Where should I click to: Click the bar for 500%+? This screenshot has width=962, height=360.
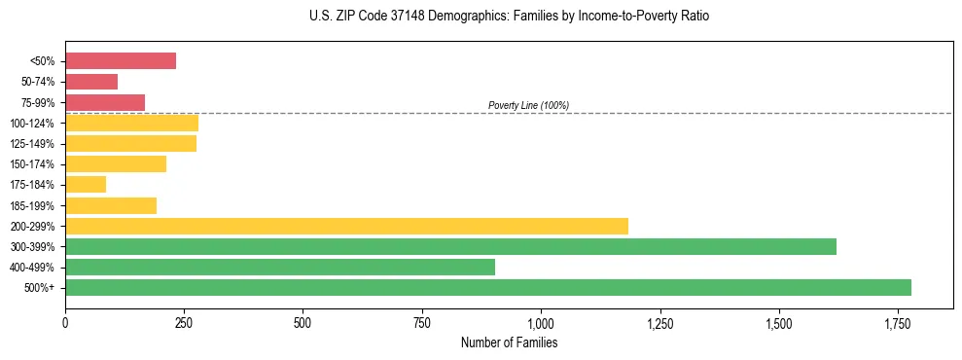tap(488, 287)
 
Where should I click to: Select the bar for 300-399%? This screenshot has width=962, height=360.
tap(450, 246)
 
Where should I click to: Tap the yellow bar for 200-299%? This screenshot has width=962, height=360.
tap(346, 226)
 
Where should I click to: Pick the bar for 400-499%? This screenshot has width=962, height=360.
tap(280, 267)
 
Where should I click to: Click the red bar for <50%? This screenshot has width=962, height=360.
tap(121, 61)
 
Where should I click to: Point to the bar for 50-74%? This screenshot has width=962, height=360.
tap(91, 82)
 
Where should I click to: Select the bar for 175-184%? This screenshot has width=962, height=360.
tap(86, 185)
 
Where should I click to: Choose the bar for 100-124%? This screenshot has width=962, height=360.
tap(131, 123)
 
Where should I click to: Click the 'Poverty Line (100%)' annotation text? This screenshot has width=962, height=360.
tap(528, 105)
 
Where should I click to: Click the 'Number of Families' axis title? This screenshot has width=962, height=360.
tap(509, 342)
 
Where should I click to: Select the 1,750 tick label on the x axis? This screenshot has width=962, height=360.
tap(898, 321)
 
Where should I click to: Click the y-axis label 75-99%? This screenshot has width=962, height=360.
tap(37, 102)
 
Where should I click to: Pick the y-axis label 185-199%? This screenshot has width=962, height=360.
tap(34, 205)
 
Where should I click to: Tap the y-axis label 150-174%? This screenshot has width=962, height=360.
tap(34, 164)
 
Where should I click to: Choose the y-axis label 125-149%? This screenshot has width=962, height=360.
tap(34, 144)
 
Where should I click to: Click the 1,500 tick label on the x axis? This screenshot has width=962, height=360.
tap(779, 321)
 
